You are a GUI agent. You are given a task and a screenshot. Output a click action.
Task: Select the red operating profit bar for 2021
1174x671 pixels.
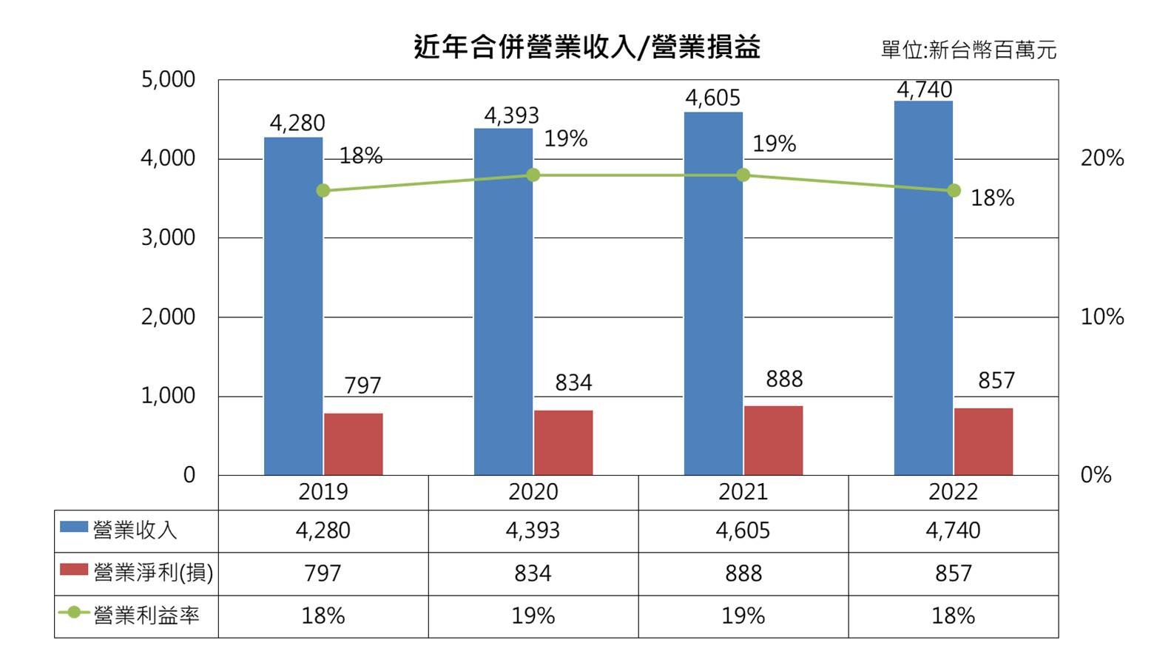(x=773, y=441)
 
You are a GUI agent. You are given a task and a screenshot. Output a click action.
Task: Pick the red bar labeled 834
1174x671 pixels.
(x=563, y=443)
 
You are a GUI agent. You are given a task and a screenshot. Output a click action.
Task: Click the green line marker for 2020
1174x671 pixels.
(x=533, y=175)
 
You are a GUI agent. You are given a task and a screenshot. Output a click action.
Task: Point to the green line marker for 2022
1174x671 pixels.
(x=954, y=191)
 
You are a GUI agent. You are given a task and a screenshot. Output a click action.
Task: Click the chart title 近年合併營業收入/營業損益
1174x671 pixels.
(x=587, y=47)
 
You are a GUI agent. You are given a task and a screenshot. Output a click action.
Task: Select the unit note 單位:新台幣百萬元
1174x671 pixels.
(x=968, y=50)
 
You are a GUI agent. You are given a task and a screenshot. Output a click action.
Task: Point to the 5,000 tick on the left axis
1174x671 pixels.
(x=168, y=79)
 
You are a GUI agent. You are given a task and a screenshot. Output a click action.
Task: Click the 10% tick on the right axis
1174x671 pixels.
(x=1102, y=317)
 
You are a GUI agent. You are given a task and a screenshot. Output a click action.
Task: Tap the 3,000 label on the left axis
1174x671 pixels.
(x=168, y=237)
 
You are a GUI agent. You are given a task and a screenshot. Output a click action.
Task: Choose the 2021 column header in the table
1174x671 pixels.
(x=743, y=492)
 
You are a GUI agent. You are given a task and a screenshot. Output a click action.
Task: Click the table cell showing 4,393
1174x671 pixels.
(x=533, y=530)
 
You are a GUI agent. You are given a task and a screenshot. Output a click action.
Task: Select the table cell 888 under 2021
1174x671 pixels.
(x=743, y=573)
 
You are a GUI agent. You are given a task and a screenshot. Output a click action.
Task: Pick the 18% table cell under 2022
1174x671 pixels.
(x=953, y=616)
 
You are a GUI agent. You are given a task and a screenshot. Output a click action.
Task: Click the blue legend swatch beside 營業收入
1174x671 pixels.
(x=74, y=528)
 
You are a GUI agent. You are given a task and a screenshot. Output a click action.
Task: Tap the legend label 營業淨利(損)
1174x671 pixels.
(x=153, y=573)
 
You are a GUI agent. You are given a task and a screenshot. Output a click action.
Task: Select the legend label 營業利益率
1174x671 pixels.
(x=146, y=616)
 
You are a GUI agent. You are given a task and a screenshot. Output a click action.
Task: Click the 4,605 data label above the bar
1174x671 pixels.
(x=712, y=98)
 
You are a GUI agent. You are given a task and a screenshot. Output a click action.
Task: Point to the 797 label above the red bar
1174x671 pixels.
(x=362, y=385)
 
